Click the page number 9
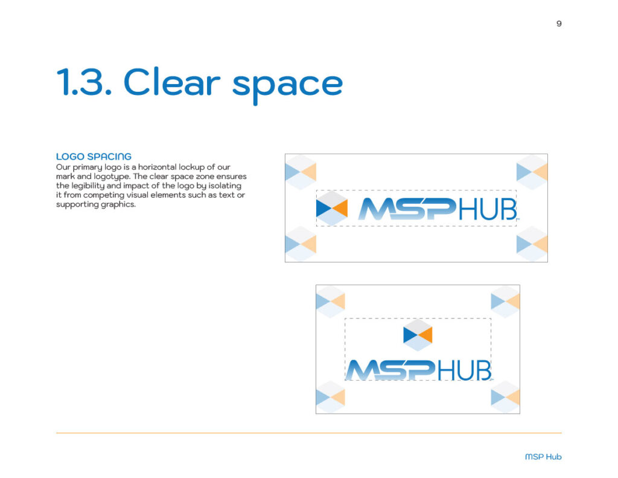click(x=559, y=24)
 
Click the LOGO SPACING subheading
click(x=94, y=157)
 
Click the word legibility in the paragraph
click(x=92, y=186)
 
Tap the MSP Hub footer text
click(x=543, y=457)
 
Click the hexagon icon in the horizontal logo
click(x=332, y=208)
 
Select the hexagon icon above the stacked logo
click(x=418, y=334)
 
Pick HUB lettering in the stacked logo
click(x=463, y=370)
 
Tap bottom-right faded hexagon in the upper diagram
click(x=532, y=244)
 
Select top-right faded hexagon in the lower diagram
click(x=505, y=301)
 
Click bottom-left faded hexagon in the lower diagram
click(x=331, y=397)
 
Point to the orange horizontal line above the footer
click(x=308, y=433)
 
